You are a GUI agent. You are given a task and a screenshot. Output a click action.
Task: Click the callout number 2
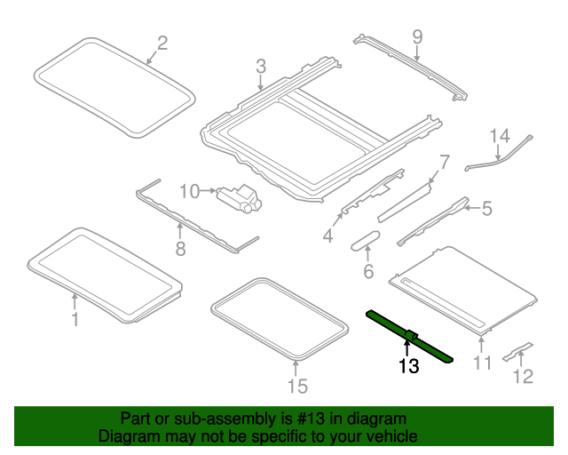click(x=162, y=43)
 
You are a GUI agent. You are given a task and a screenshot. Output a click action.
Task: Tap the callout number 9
click(x=417, y=37)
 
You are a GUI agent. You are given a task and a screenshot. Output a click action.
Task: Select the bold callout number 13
click(x=408, y=365)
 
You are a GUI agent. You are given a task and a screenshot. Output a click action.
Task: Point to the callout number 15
click(x=296, y=385)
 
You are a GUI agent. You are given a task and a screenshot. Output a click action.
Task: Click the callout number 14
click(x=501, y=135)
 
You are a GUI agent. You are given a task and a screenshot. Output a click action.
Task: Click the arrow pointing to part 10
click(x=208, y=190)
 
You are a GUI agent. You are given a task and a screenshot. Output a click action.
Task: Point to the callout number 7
click(x=445, y=163)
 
